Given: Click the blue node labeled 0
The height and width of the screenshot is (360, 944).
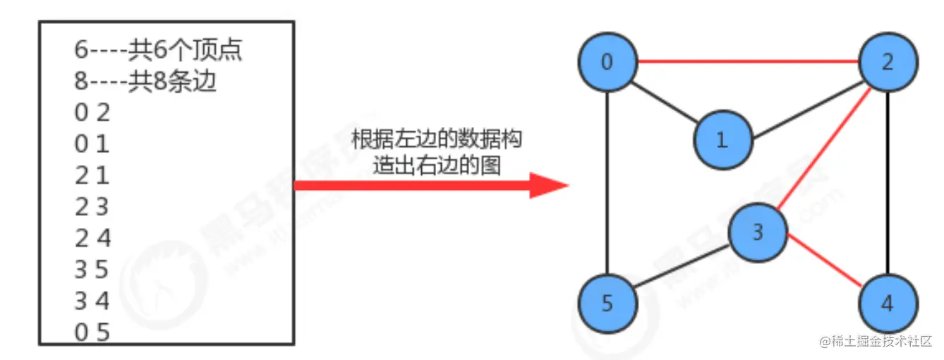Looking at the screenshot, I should point(607,63).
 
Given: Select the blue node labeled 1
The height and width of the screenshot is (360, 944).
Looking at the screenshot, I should point(721,140).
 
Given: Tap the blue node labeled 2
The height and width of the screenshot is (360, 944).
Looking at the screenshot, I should point(888,62).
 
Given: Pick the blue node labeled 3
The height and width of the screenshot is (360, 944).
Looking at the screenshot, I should point(758,232).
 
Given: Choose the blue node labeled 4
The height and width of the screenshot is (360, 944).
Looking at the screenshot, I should point(888,304).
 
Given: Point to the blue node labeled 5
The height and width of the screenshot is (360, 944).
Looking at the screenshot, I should point(607,304).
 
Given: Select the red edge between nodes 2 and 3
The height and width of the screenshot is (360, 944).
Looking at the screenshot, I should point(823,148).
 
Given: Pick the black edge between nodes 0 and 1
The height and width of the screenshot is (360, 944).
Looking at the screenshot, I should point(664,101).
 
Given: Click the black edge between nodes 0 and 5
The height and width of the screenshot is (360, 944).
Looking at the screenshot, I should point(607,184).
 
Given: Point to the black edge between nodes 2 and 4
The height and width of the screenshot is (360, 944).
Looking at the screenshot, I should point(888,184).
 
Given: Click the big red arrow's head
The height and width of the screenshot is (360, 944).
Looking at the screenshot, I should point(550,186).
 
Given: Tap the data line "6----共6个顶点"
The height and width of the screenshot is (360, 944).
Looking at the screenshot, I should point(163,50).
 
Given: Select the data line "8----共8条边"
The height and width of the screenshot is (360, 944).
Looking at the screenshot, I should point(145,82).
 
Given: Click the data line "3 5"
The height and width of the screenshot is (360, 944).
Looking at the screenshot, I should point(92,270).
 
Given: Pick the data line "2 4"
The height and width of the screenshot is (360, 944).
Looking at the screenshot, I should point(92,239).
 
